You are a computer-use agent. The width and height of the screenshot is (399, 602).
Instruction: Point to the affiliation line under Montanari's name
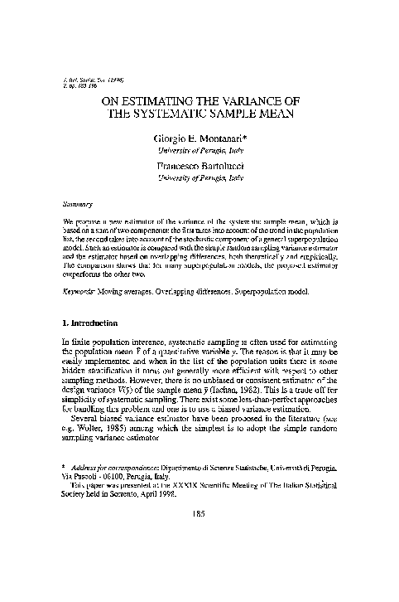pyautogui.click(x=199, y=152)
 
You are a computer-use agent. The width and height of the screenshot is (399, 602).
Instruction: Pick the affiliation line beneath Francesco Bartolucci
pyautogui.click(x=199, y=177)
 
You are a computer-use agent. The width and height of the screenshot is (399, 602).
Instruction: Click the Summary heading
pyautogui.click(x=77, y=201)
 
